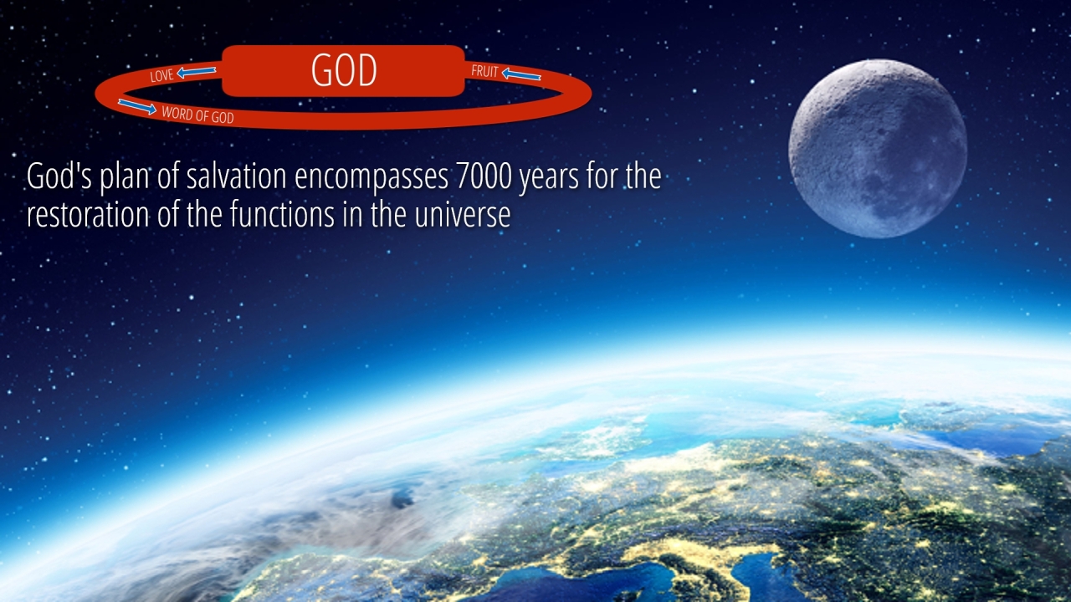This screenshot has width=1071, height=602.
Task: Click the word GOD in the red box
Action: (x=344, y=70)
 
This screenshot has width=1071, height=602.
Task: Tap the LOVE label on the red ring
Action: (x=161, y=75)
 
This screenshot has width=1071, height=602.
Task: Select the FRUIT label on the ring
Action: (x=484, y=72)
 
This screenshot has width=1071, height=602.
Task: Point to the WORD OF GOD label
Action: (x=197, y=115)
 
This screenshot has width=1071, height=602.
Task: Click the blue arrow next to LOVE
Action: (x=197, y=72)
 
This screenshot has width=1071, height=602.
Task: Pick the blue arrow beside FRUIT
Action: (x=521, y=74)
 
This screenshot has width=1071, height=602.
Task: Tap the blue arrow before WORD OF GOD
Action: (x=137, y=106)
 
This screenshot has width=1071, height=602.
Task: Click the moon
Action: (x=878, y=149)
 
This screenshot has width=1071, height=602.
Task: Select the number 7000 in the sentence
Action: (x=483, y=176)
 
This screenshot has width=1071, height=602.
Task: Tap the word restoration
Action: (x=88, y=215)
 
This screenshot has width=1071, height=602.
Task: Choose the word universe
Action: (x=463, y=215)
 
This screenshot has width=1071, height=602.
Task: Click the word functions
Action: (x=282, y=214)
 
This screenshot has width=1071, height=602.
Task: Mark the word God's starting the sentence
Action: (x=59, y=176)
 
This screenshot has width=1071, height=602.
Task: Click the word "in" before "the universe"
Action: (x=352, y=215)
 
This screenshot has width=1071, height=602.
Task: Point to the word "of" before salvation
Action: (x=167, y=176)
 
